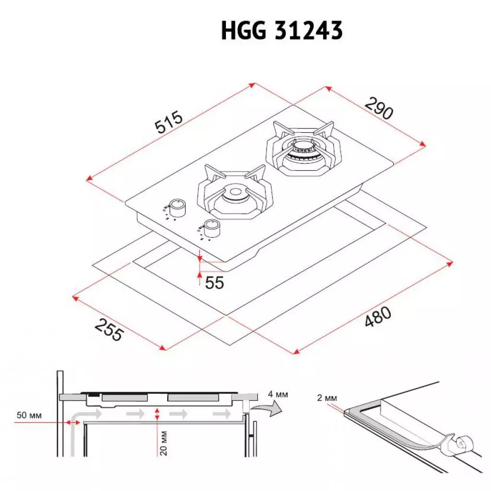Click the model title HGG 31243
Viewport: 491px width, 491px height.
point(281,31)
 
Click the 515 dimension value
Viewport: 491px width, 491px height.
point(169,122)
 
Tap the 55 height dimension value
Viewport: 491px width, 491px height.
point(214,283)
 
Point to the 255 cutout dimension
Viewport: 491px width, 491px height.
point(109,329)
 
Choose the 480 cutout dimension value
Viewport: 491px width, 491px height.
point(377,318)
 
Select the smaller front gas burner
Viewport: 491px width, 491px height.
point(235,194)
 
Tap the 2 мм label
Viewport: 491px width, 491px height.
point(327,397)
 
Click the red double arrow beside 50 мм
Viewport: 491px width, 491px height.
point(73,422)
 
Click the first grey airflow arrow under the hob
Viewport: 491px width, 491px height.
point(93,413)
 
